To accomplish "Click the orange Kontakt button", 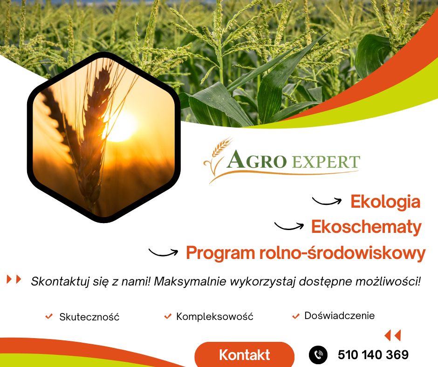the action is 245,354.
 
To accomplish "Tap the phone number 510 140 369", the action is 373,355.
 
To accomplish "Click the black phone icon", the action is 318,355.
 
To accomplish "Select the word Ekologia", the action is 385,202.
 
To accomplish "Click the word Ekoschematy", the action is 367,226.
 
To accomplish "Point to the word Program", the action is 220,253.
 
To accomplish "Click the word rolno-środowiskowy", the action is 342,253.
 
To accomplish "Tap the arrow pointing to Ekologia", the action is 327,201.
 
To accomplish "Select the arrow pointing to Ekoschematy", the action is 289,226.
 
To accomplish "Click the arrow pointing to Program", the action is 164,252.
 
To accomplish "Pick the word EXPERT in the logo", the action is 326,162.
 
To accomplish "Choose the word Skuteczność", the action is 89,317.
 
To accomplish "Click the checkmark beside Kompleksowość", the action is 168,316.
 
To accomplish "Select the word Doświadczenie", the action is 339,316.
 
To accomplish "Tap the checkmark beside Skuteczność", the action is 49,316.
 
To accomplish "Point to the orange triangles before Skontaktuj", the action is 14,279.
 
